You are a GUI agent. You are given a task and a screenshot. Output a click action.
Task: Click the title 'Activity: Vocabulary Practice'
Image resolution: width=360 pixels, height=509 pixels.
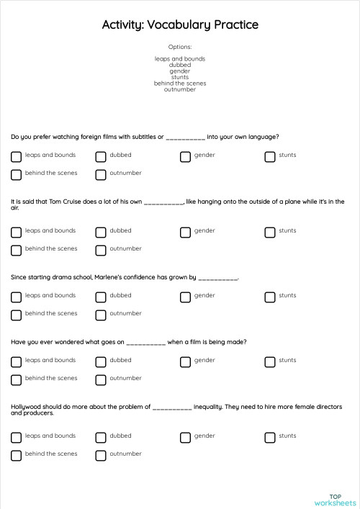pyautogui.click(x=180, y=25)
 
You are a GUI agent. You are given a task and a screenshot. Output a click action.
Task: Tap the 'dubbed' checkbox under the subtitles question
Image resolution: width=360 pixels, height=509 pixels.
pyautogui.click(x=101, y=156)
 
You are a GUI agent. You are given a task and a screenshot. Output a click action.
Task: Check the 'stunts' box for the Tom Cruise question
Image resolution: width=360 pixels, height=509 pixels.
pyautogui.click(x=269, y=232)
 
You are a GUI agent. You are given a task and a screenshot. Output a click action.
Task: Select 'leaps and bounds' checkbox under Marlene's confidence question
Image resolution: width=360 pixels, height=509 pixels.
pyautogui.click(x=16, y=297)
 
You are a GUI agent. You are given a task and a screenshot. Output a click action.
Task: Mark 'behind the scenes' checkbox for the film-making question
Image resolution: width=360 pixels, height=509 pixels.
pyautogui.click(x=16, y=379)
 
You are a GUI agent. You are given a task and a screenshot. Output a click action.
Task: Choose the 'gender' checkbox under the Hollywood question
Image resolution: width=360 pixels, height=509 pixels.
pyautogui.click(x=185, y=437)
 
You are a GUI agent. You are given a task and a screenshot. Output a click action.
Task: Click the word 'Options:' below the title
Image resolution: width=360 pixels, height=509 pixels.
pyautogui.click(x=180, y=47)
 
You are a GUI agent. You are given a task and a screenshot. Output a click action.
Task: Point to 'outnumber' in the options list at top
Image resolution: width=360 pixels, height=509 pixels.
pyautogui.click(x=180, y=89)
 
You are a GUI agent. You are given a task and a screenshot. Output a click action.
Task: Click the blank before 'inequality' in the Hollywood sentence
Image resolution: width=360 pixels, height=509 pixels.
pyautogui.click(x=172, y=407)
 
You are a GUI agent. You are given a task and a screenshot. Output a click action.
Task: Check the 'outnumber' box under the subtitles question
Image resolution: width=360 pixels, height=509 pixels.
pyautogui.click(x=101, y=174)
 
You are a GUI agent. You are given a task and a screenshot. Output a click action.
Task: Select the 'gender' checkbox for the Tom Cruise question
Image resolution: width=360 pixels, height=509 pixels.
pyautogui.click(x=185, y=232)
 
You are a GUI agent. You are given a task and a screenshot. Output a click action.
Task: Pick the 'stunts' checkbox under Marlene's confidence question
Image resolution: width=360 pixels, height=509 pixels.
pyautogui.click(x=269, y=297)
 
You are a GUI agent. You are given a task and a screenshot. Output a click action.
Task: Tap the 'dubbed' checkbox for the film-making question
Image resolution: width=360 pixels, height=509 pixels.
pyautogui.click(x=101, y=361)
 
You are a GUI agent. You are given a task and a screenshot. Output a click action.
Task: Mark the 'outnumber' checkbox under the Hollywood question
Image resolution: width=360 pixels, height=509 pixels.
pyautogui.click(x=101, y=455)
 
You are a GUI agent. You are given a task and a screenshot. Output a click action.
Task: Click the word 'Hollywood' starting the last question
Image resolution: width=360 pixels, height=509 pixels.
pyautogui.click(x=24, y=407)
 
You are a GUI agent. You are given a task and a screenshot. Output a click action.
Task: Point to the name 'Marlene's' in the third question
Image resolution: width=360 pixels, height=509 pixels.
pyautogui.click(x=109, y=277)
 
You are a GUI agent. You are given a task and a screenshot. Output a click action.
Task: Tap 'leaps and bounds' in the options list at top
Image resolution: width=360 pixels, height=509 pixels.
pyautogui.click(x=180, y=58)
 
